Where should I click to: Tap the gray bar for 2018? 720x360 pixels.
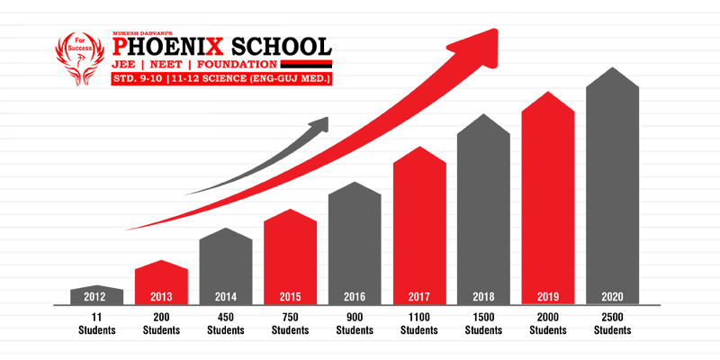point(483,207)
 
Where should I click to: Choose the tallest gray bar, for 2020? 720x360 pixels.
point(613,180)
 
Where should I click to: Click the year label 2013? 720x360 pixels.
point(160,296)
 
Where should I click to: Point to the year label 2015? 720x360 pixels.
point(290,296)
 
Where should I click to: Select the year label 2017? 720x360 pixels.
point(418,296)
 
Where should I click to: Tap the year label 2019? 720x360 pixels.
point(548,296)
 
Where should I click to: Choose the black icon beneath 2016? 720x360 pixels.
point(354,325)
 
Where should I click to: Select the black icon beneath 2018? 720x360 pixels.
point(483,325)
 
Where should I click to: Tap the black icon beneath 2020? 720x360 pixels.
point(613,325)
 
